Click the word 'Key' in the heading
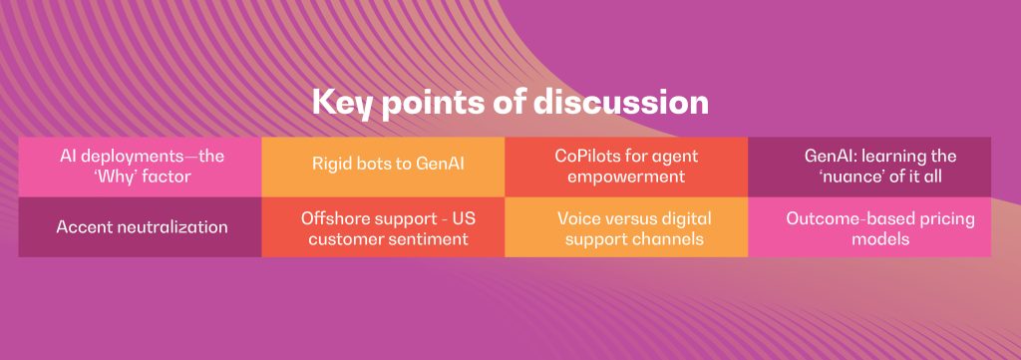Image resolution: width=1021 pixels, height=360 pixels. [x=342, y=104]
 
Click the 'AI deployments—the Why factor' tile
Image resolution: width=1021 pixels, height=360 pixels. [x=140, y=167]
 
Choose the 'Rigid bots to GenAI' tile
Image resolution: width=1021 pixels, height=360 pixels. [x=383, y=167]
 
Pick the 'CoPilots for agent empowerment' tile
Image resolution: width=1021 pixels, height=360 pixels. [x=626, y=167]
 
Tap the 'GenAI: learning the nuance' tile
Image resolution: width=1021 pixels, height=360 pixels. [x=869, y=167]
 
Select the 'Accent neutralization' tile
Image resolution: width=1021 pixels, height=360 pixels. [x=140, y=226]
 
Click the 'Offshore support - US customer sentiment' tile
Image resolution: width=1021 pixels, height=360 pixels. [x=383, y=226]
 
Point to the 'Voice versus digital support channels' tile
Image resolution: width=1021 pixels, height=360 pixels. [x=626, y=226]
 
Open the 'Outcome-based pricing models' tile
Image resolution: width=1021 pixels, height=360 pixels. [x=869, y=226]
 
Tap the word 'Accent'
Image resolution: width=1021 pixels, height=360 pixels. [x=80, y=227]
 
